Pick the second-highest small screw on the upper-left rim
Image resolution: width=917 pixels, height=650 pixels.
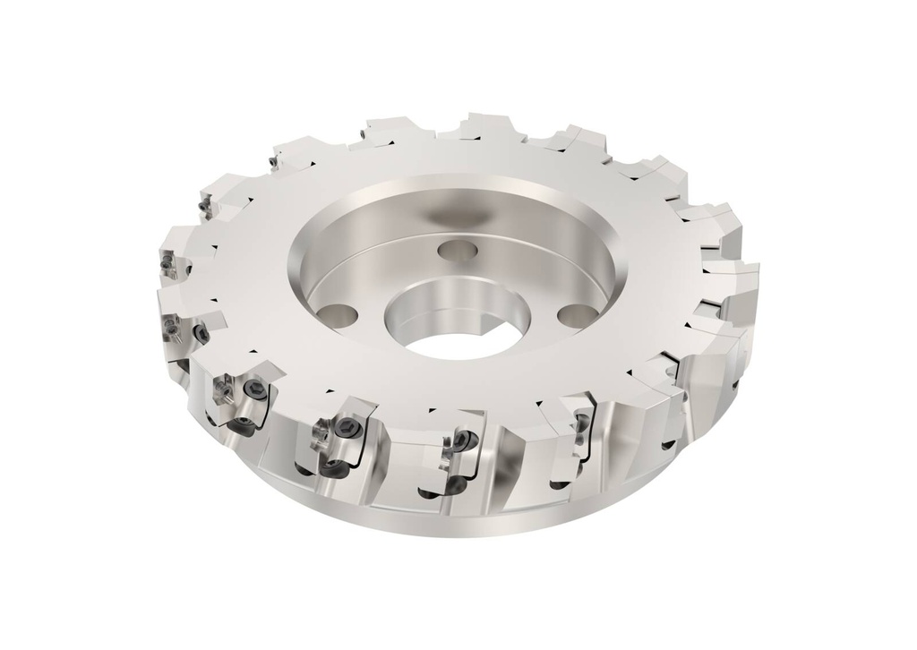[x=270, y=162]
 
